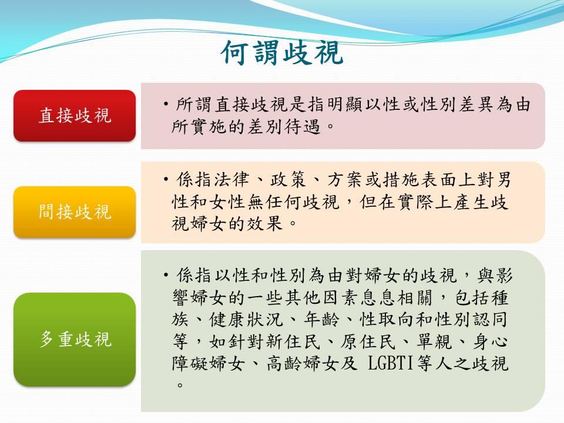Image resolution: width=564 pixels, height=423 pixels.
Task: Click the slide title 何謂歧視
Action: point(283,53)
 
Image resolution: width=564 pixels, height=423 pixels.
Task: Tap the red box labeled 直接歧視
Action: point(75,116)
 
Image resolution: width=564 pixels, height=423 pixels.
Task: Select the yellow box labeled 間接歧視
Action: point(75,212)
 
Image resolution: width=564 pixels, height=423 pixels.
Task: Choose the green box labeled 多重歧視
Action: point(75,339)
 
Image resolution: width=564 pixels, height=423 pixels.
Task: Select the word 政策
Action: point(288,180)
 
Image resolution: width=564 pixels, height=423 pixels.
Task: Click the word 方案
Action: point(345,180)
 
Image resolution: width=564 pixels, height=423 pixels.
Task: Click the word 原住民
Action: point(368,342)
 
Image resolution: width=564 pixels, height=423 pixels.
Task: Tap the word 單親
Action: point(434,342)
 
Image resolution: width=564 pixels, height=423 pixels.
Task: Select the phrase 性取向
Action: point(387,320)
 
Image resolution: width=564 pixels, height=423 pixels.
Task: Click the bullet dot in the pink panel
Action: point(166,105)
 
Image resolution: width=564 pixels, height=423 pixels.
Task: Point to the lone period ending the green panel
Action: point(180,385)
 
